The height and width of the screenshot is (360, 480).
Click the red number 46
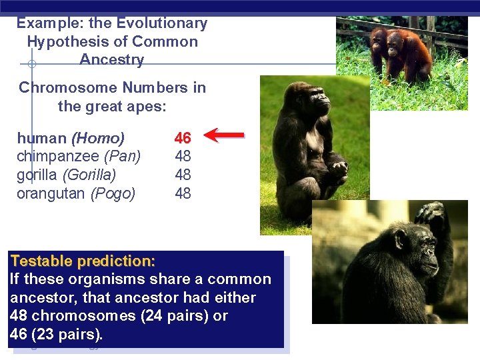[183, 138]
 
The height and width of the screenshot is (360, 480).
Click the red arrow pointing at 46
[224, 136]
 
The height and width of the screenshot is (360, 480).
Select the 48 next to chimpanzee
[183, 157]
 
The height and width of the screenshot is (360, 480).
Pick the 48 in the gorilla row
[183, 175]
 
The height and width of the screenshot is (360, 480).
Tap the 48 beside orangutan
[183, 194]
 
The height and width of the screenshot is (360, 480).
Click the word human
[41, 139]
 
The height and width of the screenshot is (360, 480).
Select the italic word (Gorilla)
[89, 175]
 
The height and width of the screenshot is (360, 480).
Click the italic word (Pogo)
[113, 194]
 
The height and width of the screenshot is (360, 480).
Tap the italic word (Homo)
[98, 139]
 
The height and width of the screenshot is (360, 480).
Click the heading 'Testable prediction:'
[83, 261]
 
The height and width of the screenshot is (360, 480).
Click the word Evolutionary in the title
[162, 23]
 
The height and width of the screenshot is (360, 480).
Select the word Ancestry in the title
[111, 59]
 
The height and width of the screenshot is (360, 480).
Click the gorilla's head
[314, 100]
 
